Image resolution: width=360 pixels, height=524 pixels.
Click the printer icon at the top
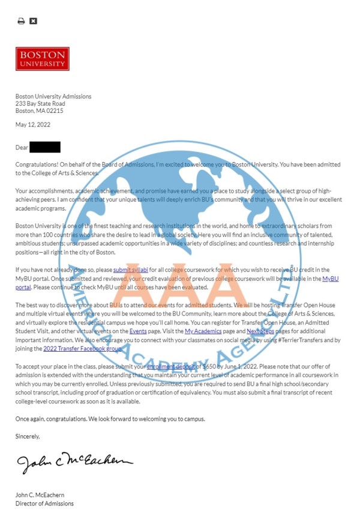pos(21,21)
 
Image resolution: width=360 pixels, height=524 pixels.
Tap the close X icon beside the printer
pos(34,21)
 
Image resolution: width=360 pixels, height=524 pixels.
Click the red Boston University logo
pos(42,59)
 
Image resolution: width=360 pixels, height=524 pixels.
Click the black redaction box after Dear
pos(44,147)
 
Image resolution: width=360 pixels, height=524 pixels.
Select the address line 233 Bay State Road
pos(40,104)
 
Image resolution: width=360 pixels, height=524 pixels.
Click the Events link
pos(138,331)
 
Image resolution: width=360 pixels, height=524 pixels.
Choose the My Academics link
pos(203,331)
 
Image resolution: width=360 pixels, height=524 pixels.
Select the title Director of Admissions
pos(44,503)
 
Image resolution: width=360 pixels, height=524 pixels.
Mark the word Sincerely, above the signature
pos(28,436)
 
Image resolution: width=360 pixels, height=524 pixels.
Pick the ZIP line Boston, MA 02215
pos(39,111)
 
